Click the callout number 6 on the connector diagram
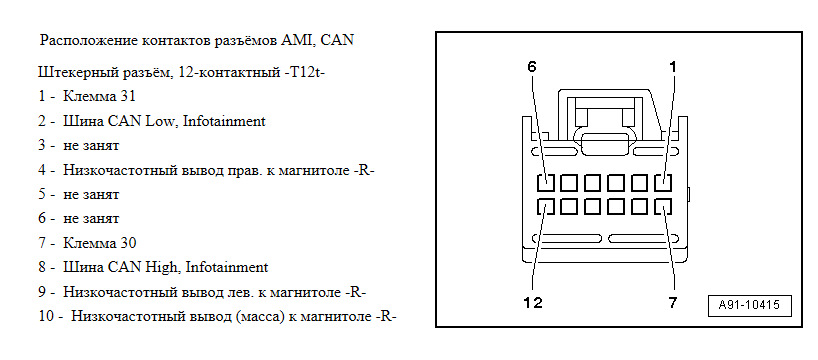[532, 67]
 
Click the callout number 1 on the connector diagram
[673, 67]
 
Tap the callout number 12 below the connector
[533, 302]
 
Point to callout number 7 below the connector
[673, 302]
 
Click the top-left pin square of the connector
[546, 184]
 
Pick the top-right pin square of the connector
[662, 184]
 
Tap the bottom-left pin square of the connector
[546, 208]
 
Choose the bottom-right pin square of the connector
[662, 208]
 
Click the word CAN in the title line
[338, 41]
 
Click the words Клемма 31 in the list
[98, 97]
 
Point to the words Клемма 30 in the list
[98, 243]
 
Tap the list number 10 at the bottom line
[43, 316]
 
